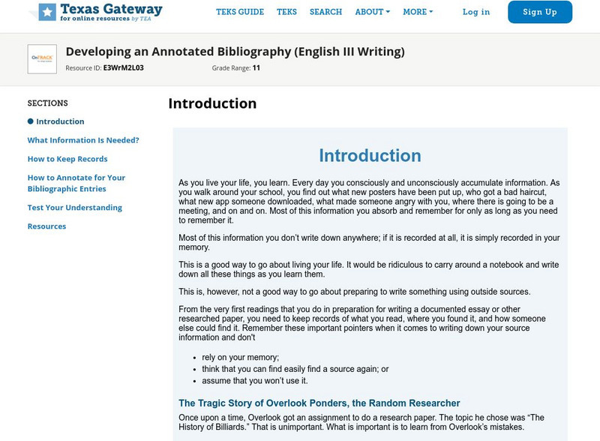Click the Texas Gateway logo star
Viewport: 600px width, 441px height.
point(47,12)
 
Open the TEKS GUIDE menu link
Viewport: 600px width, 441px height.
point(240,12)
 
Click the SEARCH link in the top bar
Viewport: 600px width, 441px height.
point(325,12)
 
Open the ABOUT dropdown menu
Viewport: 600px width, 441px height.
point(372,12)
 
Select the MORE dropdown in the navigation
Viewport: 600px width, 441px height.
point(418,12)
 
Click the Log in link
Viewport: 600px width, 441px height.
point(476,12)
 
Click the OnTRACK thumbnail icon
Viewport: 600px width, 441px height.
point(42,59)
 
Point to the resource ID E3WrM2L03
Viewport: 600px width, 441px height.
point(123,67)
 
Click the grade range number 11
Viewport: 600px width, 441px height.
point(256,67)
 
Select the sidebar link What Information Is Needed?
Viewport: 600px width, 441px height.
point(83,140)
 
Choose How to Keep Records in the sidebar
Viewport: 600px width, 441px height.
point(67,159)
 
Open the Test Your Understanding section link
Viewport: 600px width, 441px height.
point(75,208)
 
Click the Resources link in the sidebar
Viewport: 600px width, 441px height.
point(46,226)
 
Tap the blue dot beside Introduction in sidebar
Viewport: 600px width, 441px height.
point(31,121)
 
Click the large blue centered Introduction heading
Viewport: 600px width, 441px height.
point(370,155)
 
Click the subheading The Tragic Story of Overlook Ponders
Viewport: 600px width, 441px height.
point(319,403)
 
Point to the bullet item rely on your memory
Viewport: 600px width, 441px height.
point(240,357)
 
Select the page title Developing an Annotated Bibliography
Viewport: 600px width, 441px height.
point(235,52)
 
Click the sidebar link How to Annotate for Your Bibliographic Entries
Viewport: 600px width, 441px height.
point(76,183)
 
